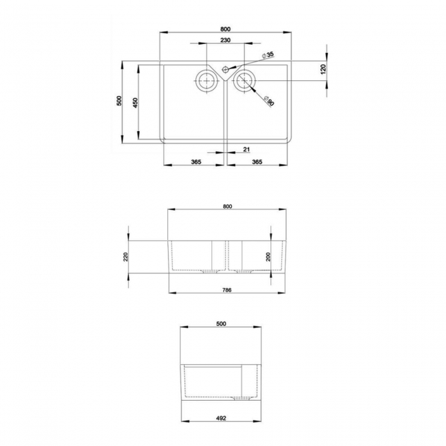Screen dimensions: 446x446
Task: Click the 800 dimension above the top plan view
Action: click(x=226, y=28)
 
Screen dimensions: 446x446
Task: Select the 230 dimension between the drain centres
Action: click(x=226, y=41)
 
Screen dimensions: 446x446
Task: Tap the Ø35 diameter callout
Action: click(x=269, y=54)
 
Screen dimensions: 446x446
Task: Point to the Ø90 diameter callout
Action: click(x=269, y=102)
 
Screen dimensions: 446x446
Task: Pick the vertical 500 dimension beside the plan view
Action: click(x=119, y=102)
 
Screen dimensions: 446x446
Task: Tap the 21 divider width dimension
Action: click(x=246, y=149)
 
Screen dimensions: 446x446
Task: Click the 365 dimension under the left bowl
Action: click(x=195, y=162)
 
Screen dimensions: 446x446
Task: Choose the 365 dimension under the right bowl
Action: click(x=257, y=162)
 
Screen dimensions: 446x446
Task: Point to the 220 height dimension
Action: click(x=126, y=257)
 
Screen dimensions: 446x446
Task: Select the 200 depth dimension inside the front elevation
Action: click(x=269, y=257)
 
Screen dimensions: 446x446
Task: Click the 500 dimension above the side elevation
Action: click(x=222, y=323)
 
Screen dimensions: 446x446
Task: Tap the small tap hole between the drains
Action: click(x=226, y=69)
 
